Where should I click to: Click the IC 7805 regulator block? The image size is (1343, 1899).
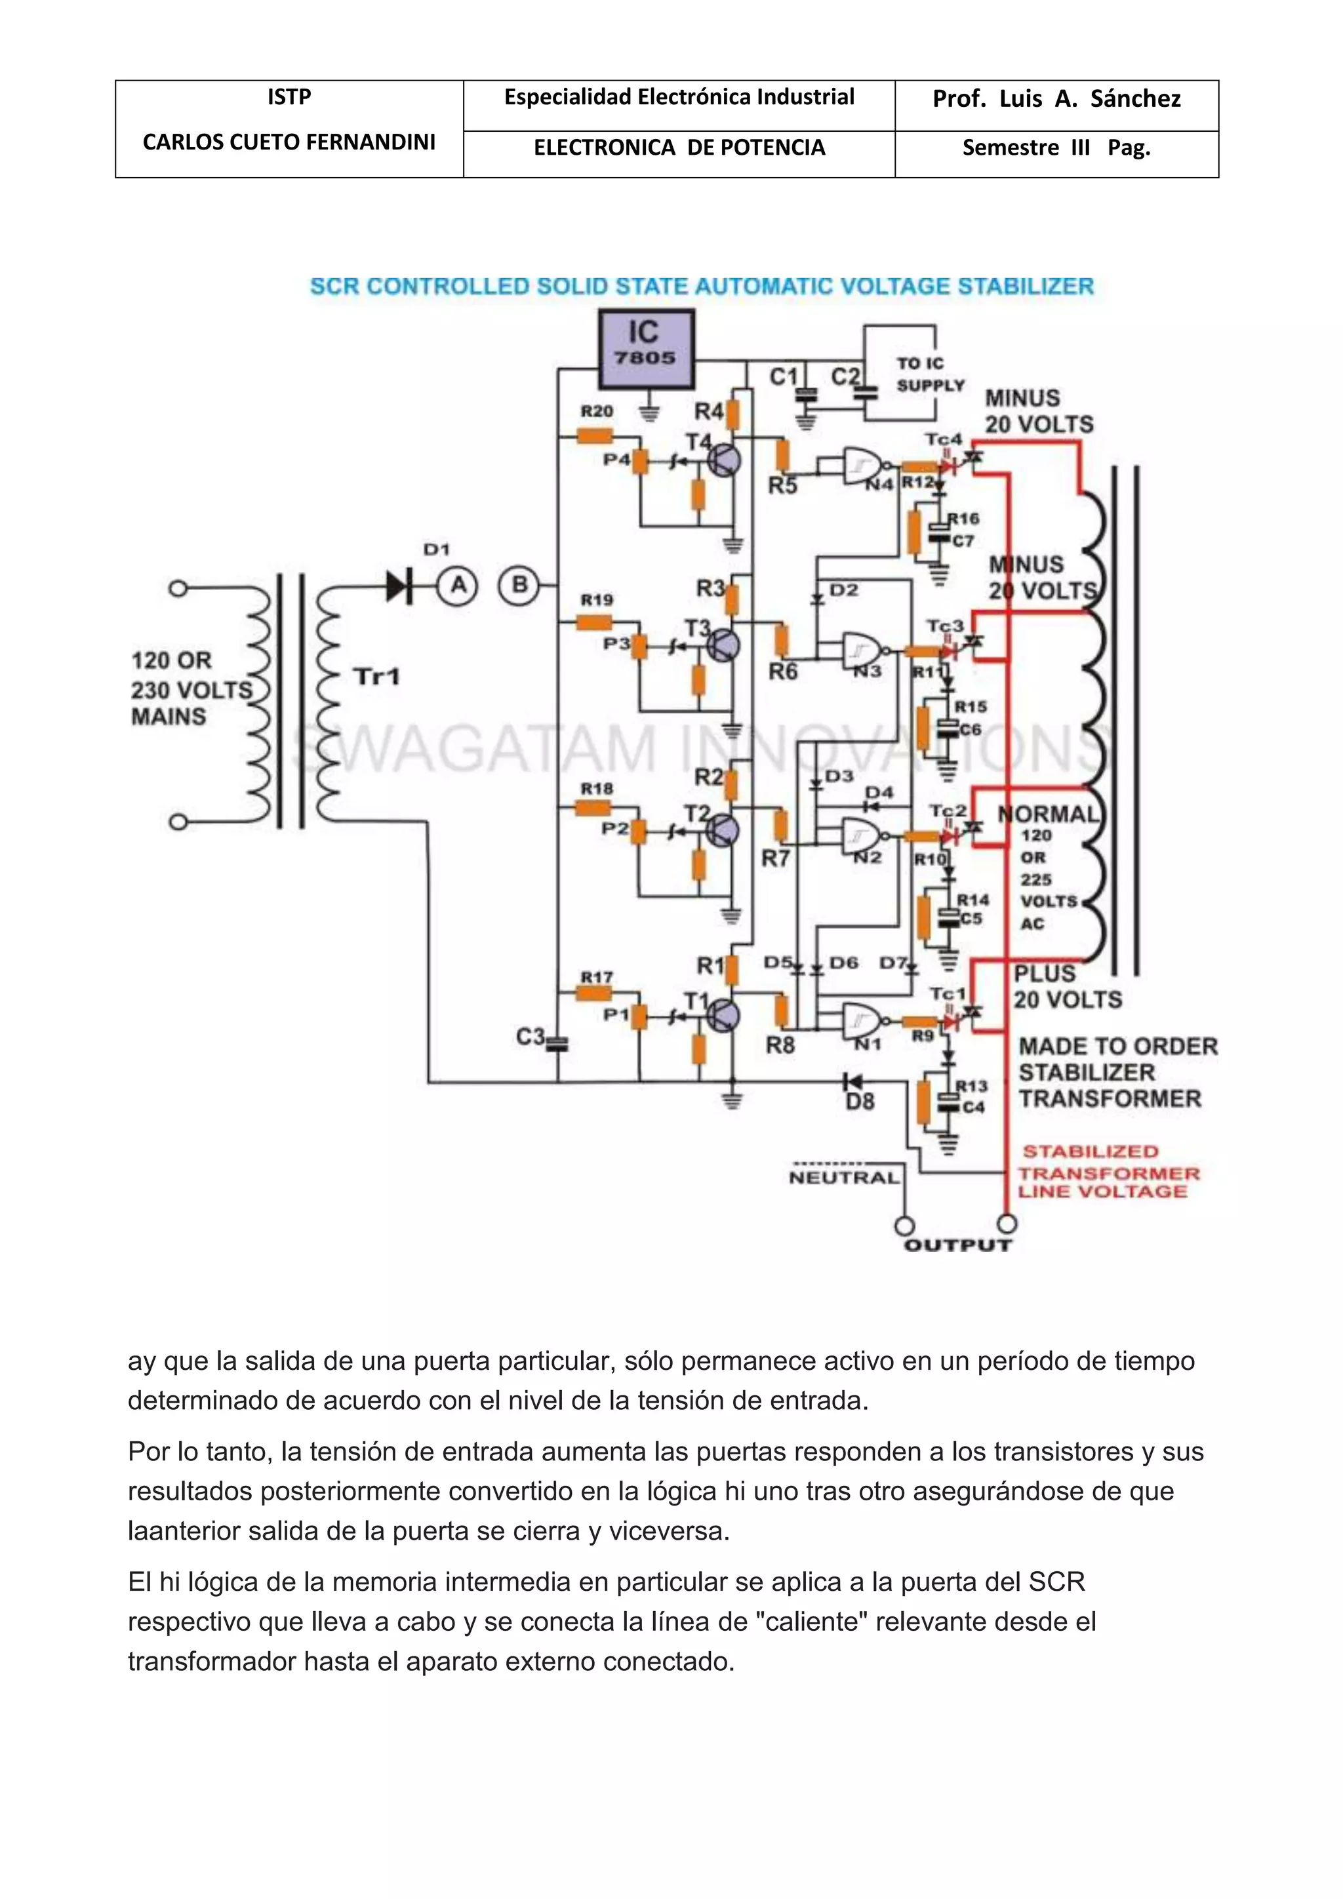[x=646, y=348]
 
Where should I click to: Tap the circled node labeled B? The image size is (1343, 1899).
[x=519, y=586]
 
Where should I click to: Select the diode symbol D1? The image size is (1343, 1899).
[x=400, y=586]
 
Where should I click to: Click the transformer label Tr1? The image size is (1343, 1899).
[x=376, y=677]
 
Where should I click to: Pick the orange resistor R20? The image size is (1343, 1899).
[x=595, y=435]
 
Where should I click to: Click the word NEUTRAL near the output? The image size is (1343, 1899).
[x=843, y=1178]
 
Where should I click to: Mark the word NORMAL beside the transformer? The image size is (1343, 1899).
[x=1049, y=814]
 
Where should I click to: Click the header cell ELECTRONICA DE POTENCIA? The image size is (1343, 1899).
[x=679, y=148]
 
